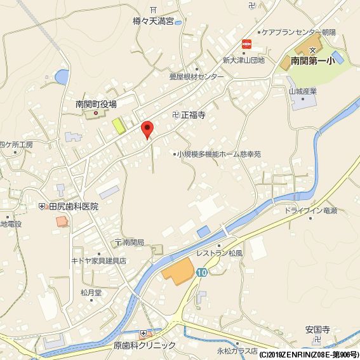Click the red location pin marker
[147, 129]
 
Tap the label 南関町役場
[96, 104]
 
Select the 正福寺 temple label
[194, 116]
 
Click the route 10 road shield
[202, 272]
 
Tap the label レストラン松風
[218, 253]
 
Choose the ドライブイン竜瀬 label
[310, 210]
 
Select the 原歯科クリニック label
[144, 345]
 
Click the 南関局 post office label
[133, 242]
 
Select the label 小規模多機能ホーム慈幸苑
[219, 154]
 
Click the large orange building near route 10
[178, 272]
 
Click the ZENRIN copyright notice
[308, 354]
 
